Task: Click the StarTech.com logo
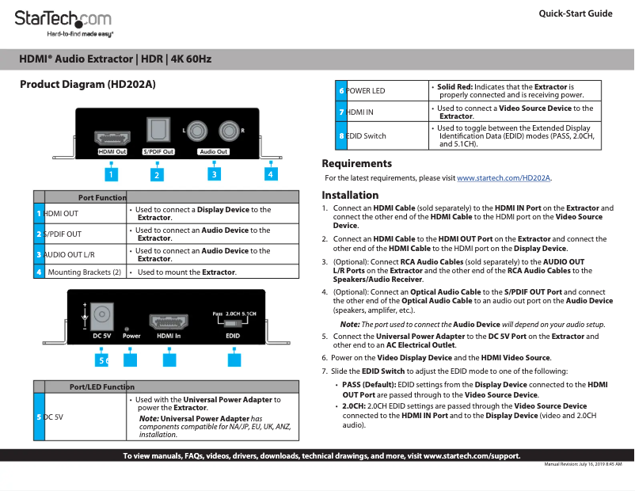tap(64, 20)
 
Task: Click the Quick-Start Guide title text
tap(575, 13)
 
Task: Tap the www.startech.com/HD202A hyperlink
tap(504, 178)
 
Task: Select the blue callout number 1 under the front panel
tap(112, 173)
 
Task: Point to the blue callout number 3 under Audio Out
tap(214, 173)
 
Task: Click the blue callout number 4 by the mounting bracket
tap(271, 173)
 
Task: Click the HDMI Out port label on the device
tap(112, 151)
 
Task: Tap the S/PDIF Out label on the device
tap(158, 151)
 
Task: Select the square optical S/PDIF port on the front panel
tap(157, 128)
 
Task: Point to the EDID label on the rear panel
tap(233, 336)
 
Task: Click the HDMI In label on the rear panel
tap(169, 336)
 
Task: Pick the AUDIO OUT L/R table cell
tap(84, 255)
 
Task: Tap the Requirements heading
tap(356, 163)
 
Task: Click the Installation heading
tap(350, 195)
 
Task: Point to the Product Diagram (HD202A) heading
tap(87, 84)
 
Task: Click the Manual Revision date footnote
tap(583, 464)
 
